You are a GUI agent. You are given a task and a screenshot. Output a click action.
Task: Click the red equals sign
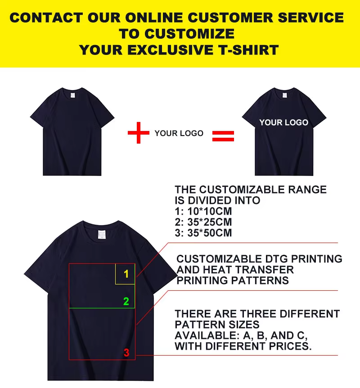(x=223, y=135)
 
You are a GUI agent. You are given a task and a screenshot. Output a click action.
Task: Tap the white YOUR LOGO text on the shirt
(x=283, y=122)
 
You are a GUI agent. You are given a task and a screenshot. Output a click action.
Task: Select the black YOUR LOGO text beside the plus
(x=179, y=133)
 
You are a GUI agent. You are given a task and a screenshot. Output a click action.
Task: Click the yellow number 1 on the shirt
(x=126, y=274)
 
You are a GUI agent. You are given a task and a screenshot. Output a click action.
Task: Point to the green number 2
(x=126, y=302)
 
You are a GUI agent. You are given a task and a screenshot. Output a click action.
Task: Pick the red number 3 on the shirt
(x=126, y=353)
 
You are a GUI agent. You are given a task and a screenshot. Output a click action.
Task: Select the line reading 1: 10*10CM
(x=203, y=212)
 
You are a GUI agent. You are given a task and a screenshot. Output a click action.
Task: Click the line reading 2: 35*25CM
(x=203, y=222)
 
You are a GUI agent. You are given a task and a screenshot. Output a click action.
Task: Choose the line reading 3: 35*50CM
(x=203, y=233)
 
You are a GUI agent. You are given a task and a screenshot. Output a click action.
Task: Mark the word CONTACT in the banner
(x=45, y=18)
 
